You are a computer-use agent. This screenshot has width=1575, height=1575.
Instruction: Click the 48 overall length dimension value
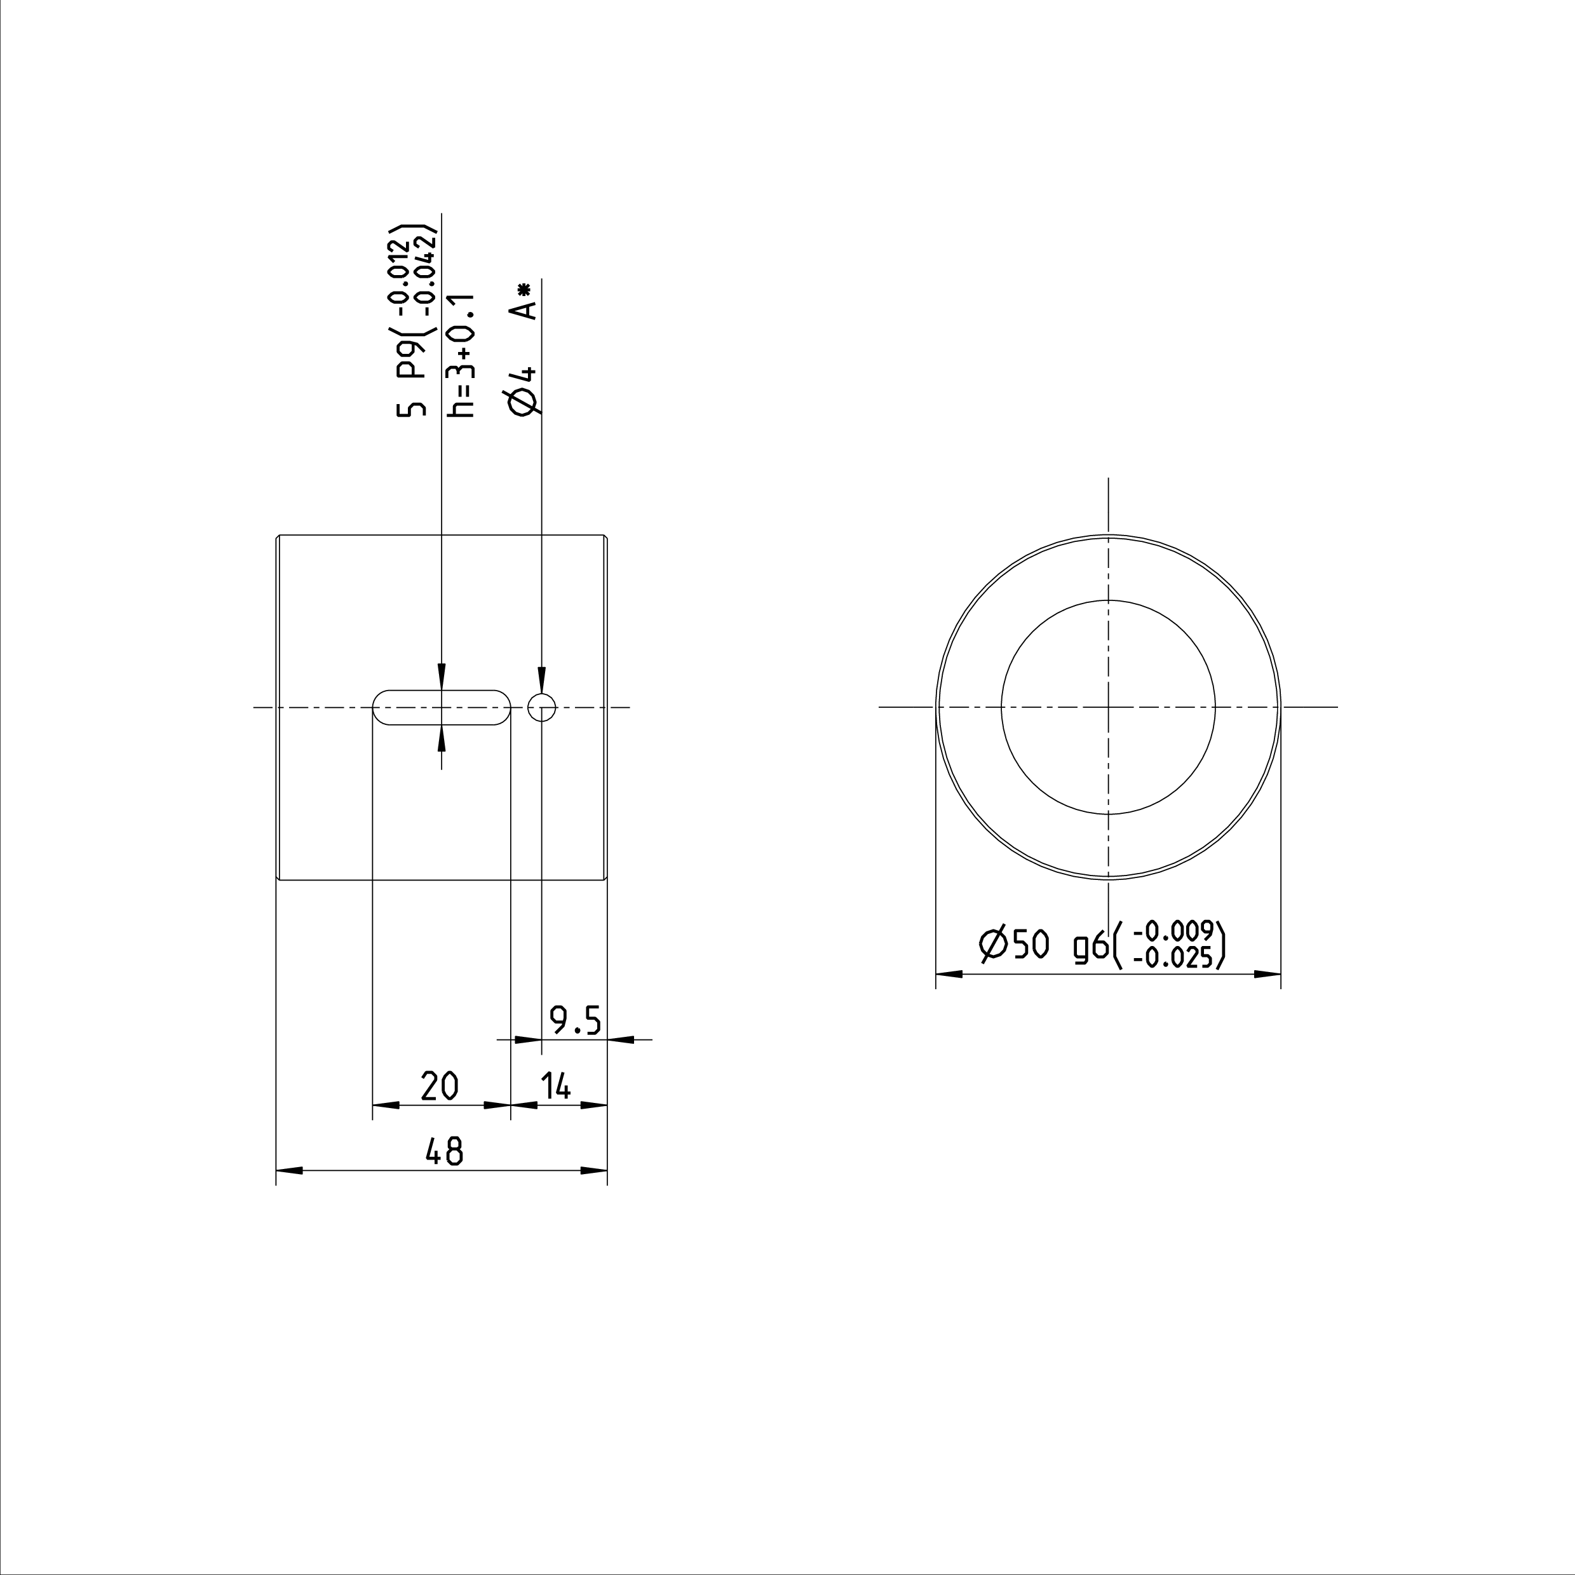[x=444, y=1152]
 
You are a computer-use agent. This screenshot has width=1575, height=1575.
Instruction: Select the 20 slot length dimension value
[x=440, y=1086]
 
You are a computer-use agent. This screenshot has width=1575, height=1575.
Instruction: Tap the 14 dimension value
[x=556, y=1086]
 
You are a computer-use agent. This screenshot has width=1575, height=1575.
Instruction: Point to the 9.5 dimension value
[x=575, y=1020]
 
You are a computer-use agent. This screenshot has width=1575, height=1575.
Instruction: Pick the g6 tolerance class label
[x=1090, y=947]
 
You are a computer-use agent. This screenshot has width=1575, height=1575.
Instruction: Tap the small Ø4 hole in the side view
[x=542, y=708]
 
